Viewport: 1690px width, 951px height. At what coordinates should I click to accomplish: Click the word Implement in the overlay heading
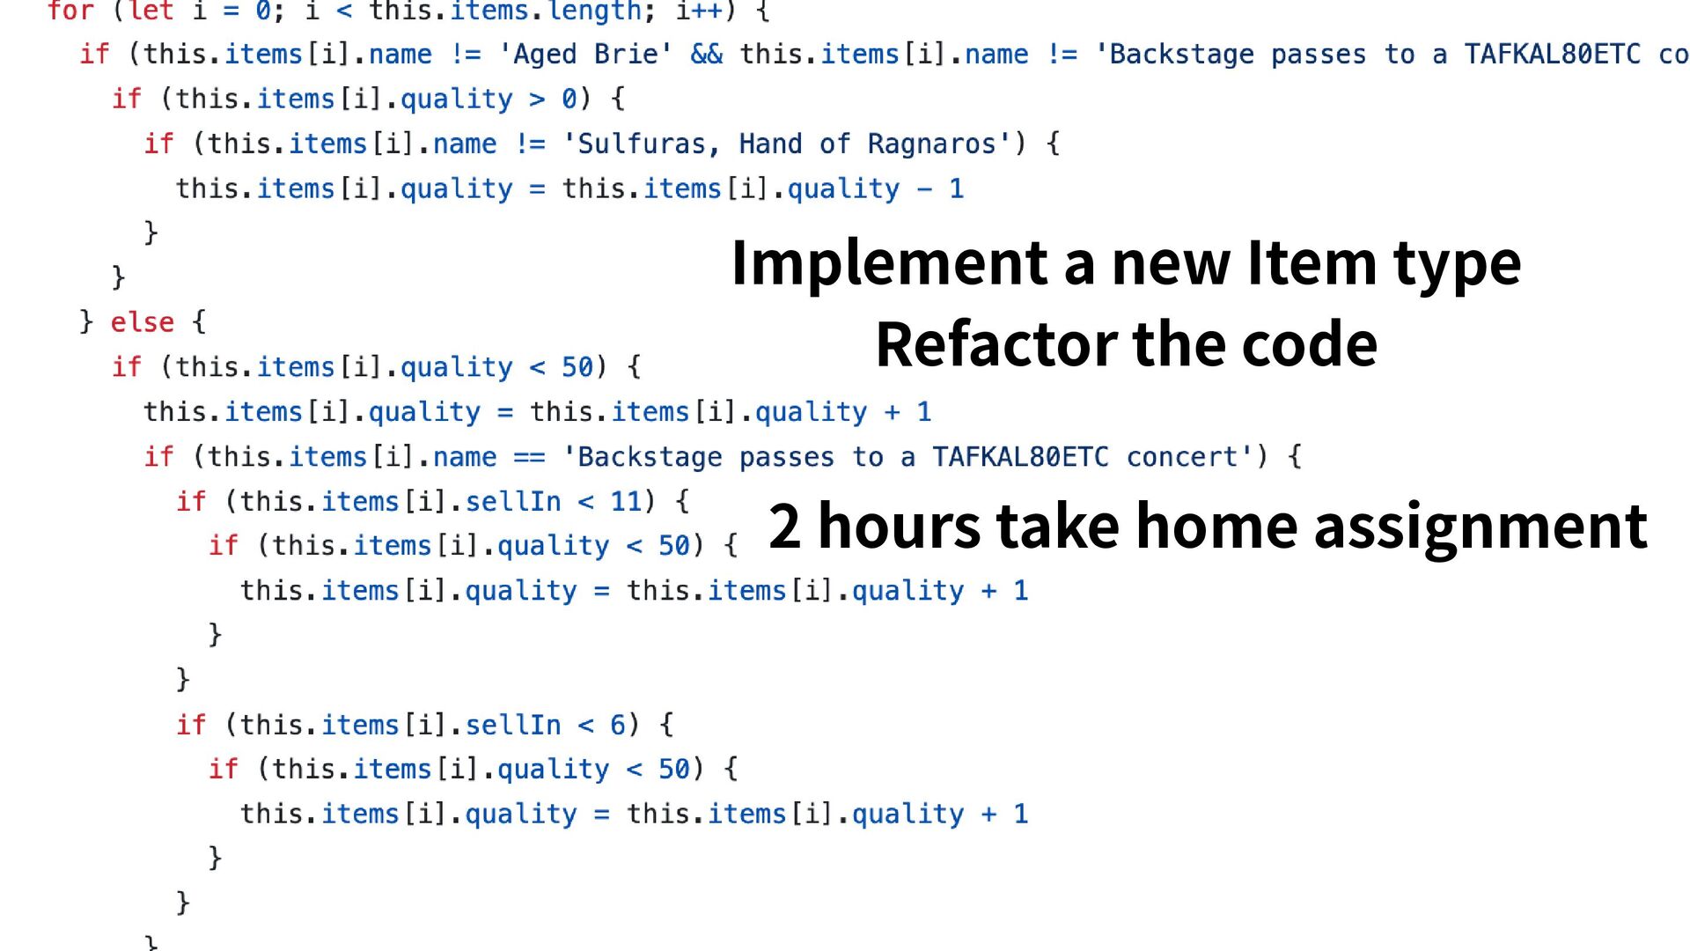889,264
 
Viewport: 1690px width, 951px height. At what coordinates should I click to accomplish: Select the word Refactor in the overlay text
996,345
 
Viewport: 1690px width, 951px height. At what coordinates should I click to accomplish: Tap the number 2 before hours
784,527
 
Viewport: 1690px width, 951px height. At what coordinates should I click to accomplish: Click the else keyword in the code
142,322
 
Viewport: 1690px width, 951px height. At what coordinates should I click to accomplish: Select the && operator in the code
706,55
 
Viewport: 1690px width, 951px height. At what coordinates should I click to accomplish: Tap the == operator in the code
529,457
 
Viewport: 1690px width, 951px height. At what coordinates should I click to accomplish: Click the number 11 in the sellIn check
626,502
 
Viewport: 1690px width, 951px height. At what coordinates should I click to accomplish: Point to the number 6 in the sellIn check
618,726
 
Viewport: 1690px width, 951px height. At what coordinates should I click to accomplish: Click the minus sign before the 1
924,188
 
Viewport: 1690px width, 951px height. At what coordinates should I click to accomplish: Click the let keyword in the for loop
151,11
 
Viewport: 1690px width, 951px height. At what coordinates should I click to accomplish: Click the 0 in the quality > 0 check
569,99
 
